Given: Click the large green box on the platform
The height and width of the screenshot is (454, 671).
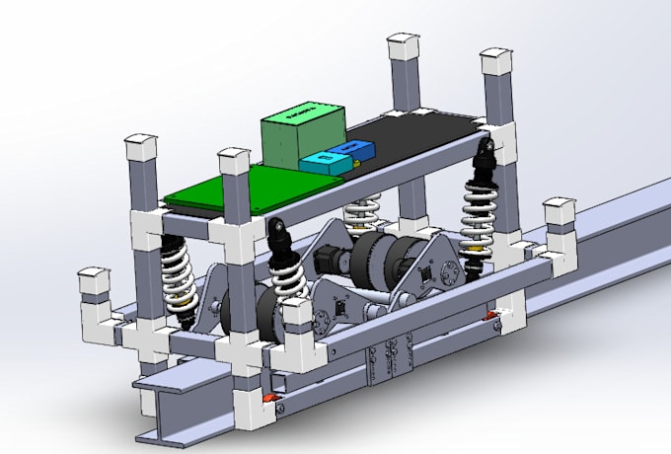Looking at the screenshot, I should coord(303,135).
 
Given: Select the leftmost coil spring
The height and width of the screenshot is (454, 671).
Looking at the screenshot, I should coord(178,272).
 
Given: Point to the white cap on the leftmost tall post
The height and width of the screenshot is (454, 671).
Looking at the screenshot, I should coord(141,147).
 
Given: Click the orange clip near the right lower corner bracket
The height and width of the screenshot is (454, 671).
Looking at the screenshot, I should coord(488,316).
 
